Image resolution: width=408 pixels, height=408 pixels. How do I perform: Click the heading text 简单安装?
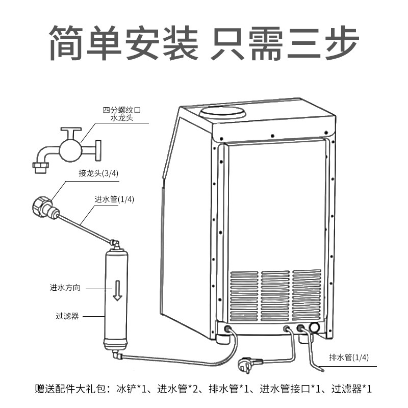coord(122,43)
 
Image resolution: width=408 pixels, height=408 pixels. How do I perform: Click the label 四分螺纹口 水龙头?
coord(121,114)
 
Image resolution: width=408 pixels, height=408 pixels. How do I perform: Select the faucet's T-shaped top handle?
coord(70,131)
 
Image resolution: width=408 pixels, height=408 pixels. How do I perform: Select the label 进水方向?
coord(65,288)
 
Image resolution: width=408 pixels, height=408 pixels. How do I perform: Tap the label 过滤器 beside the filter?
coord(67,316)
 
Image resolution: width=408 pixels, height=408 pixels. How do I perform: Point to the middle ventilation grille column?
coord(275,295)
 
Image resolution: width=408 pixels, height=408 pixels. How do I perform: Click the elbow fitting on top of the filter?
coord(116,244)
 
